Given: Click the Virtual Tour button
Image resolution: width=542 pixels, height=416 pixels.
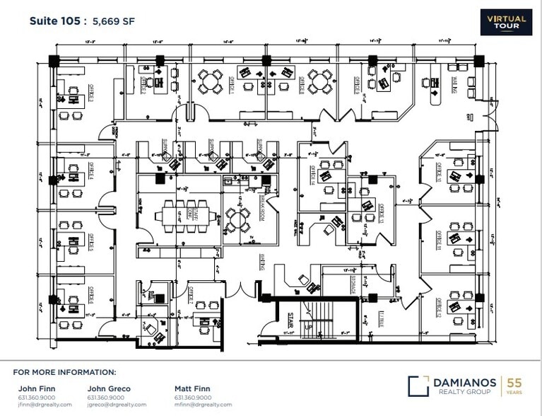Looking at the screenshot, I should pos(506,21).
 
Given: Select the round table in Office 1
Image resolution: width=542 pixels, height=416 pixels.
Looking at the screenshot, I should pos(210,81).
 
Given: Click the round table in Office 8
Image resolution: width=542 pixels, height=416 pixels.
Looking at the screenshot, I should pos(319,82).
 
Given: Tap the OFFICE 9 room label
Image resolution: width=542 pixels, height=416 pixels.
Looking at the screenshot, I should pos(357,88).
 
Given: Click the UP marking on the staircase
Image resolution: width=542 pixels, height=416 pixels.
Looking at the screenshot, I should pos(307,327).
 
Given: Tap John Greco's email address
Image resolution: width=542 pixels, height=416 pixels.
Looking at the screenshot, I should pos(117,405).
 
